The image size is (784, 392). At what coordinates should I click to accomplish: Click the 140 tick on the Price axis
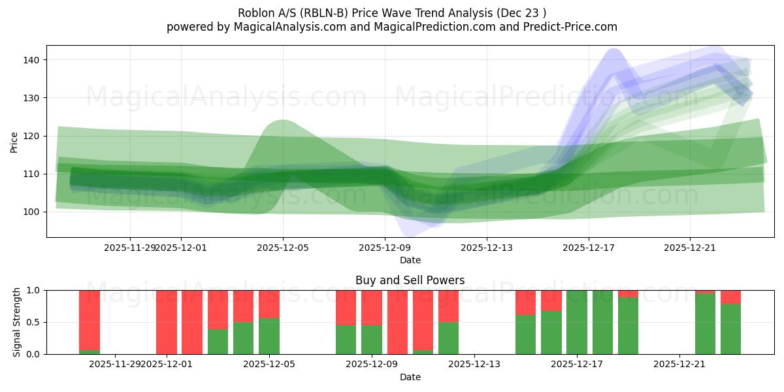click(x=33, y=60)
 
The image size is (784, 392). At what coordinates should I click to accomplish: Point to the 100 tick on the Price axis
click(x=33, y=212)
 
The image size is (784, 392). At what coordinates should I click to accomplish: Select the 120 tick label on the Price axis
click(x=33, y=136)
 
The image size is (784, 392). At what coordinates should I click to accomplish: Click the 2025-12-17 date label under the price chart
click(x=588, y=248)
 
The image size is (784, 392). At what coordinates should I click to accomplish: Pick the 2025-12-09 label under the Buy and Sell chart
click(x=371, y=364)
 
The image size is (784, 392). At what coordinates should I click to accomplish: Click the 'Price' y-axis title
click(x=14, y=141)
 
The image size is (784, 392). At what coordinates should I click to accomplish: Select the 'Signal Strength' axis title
click(x=17, y=322)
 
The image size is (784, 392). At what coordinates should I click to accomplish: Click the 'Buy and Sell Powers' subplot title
click(x=410, y=280)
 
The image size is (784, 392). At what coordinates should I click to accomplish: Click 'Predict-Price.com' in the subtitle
click(x=573, y=27)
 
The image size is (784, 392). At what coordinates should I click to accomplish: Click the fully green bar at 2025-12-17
click(x=577, y=322)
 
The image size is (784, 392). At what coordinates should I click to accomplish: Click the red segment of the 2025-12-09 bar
click(x=371, y=307)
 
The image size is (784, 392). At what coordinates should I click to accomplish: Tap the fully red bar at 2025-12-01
click(x=167, y=322)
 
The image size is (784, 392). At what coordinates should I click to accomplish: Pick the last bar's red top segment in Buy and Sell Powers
click(x=730, y=297)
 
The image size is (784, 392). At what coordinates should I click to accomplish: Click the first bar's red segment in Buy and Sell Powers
click(x=90, y=310)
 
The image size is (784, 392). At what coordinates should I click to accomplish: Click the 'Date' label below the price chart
click(x=410, y=260)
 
